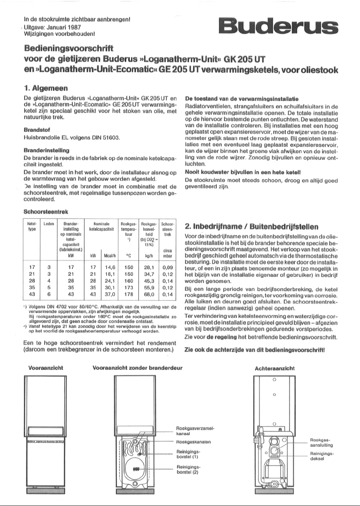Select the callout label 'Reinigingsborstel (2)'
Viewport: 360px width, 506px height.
coord(188,469)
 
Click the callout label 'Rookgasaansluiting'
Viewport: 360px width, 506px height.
coord(320,442)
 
